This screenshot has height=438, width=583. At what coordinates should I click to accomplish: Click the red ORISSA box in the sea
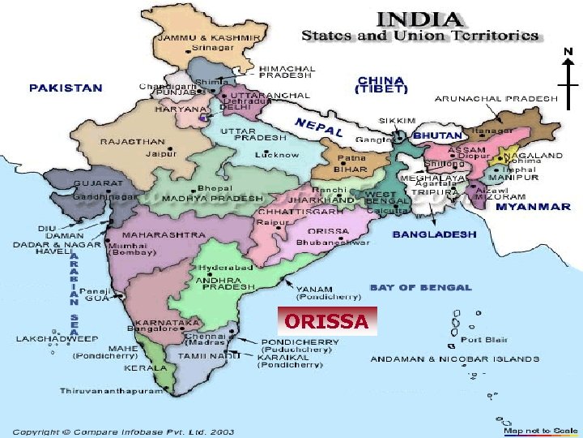[326, 322]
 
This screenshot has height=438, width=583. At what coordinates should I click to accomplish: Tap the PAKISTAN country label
[66, 88]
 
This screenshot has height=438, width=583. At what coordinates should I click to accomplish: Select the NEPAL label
[319, 127]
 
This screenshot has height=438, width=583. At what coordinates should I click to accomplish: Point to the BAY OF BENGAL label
[420, 287]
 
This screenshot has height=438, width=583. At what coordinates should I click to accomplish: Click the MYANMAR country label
[533, 207]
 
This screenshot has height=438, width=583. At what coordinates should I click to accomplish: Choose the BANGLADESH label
[434, 234]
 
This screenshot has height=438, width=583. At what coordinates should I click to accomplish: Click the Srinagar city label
[211, 48]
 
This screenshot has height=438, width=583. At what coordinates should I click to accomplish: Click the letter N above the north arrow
[568, 52]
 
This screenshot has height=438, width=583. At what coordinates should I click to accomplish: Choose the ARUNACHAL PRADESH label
[496, 98]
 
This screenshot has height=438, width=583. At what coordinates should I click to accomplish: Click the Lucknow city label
[276, 154]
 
